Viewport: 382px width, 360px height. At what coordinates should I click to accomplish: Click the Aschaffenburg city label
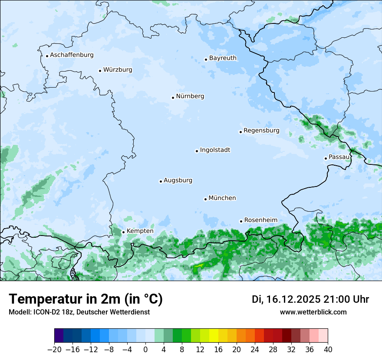[x=72, y=55]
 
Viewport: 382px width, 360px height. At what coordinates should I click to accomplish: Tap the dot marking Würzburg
[x=100, y=71]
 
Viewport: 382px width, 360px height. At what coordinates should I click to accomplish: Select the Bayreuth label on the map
[x=223, y=58]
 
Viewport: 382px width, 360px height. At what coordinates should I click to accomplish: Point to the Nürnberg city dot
[x=173, y=98]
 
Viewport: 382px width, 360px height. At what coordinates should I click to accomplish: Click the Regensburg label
[x=261, y=131]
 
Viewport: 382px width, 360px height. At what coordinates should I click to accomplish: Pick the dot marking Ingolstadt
[x=197, y=151]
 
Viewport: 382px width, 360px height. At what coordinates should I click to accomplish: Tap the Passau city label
[x=339, y=157]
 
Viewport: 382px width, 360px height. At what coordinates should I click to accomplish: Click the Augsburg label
[x=178, y=180]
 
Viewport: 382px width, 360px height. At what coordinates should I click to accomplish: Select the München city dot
[x=205, y=199]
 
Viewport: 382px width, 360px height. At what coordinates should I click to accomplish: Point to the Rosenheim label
[x=260, y=220]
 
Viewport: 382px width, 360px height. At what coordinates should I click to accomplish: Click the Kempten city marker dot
[x=123, y=232]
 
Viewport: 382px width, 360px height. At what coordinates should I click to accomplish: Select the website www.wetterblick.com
[x=313, y=312]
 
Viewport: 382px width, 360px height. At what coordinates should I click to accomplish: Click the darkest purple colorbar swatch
[x=59, y=336]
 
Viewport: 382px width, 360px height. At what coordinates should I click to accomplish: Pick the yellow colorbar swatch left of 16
[x=214, y=336]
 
